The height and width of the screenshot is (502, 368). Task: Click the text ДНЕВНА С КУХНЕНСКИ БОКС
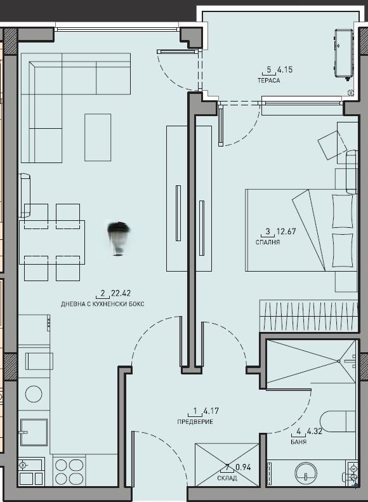tap(103, 304)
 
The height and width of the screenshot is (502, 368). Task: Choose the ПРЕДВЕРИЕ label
tap(195, 422)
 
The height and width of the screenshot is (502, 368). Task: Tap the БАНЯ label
tap(298, 442)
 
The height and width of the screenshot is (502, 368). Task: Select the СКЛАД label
tap(227, 478)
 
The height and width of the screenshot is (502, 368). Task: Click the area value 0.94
tap(243, 468)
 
